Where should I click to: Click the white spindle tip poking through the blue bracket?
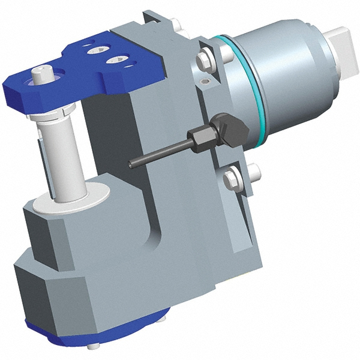[x=43, y=74]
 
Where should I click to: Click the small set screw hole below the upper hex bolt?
[x=207, y=80]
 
